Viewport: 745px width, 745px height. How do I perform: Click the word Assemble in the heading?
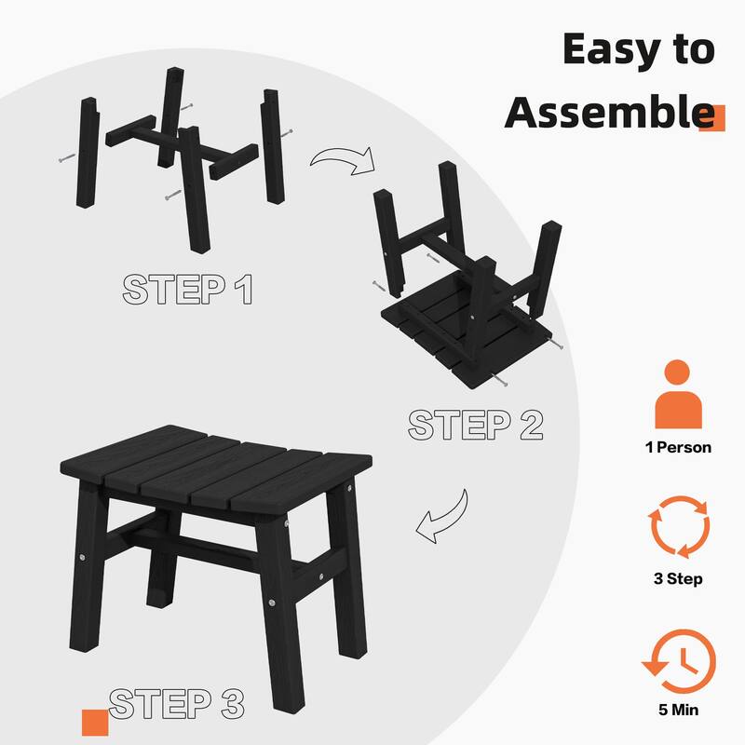pos(609,112)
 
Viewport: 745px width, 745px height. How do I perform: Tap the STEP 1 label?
pos(187,289)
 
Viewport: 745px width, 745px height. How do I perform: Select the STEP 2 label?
pos(475,425)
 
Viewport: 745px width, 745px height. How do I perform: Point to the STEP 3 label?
pos(177,703)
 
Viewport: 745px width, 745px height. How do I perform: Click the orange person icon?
pos(678,394)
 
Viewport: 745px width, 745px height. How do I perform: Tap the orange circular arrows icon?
pos(679,527)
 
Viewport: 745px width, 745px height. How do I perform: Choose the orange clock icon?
pos(680,661)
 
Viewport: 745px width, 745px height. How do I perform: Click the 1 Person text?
pos(678,448)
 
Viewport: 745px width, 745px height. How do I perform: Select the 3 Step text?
pos(678,579)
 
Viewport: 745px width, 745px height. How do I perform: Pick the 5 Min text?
pos(679,710)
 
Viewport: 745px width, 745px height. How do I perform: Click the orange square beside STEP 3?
pos(95,723)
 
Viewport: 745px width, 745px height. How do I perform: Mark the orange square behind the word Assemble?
pos(712,118)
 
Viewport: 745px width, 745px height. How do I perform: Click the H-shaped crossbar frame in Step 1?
pos(182,146)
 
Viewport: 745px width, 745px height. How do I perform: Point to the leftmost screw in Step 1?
pos(67,157)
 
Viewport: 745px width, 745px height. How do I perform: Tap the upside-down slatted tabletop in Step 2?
pos(466,332)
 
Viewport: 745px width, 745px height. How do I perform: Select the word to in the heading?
pos(694,48)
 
